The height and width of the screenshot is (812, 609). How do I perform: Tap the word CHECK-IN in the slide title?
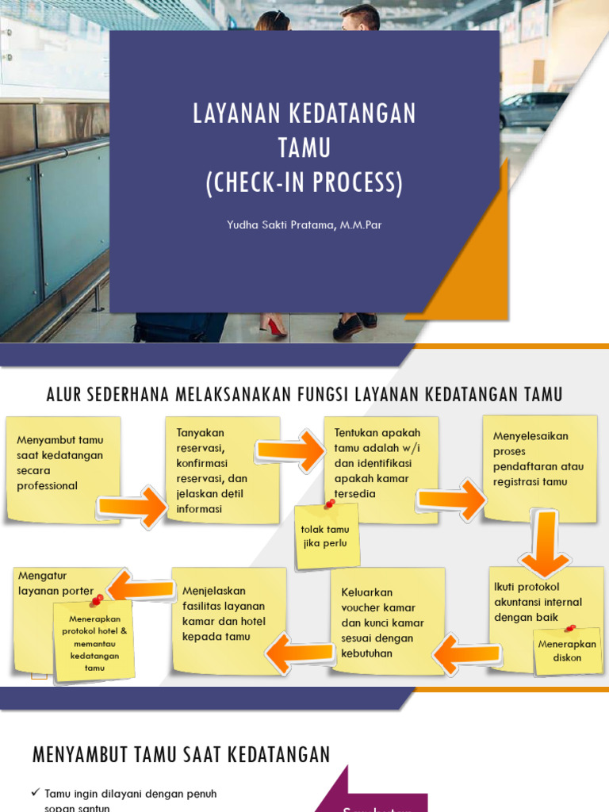tap(273, 183)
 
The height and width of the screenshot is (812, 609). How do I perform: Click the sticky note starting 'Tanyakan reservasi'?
tap(222, 468)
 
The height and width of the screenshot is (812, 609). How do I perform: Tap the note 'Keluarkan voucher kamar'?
tap(385, 622)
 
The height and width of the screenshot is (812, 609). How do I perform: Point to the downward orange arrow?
tap(543, 544)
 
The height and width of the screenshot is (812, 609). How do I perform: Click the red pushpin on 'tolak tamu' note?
tap(329, 504)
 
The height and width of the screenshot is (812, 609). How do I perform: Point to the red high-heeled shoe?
tap(274, 324)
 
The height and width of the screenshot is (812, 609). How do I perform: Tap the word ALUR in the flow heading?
tap(65, 393)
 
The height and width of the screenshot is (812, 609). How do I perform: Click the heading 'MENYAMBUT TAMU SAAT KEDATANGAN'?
tap(181, 755)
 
